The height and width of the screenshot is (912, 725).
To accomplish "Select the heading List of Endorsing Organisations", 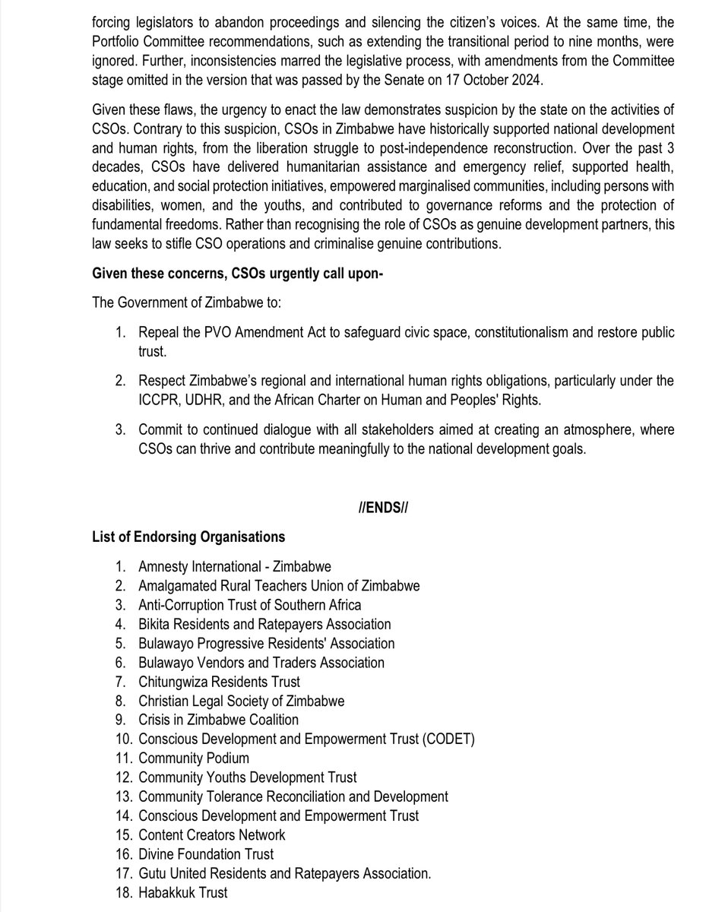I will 188,537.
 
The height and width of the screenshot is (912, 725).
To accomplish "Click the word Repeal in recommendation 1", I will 160,334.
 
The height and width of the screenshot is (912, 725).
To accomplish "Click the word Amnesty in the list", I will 163,567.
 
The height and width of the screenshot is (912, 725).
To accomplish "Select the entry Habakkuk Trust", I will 182,893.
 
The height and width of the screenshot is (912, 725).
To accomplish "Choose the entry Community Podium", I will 193,758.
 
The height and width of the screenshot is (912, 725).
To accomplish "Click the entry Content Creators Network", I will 211,834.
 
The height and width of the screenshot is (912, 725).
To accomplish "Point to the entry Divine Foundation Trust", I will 205,853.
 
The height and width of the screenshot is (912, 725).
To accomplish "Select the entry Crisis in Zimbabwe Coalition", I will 218,720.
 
